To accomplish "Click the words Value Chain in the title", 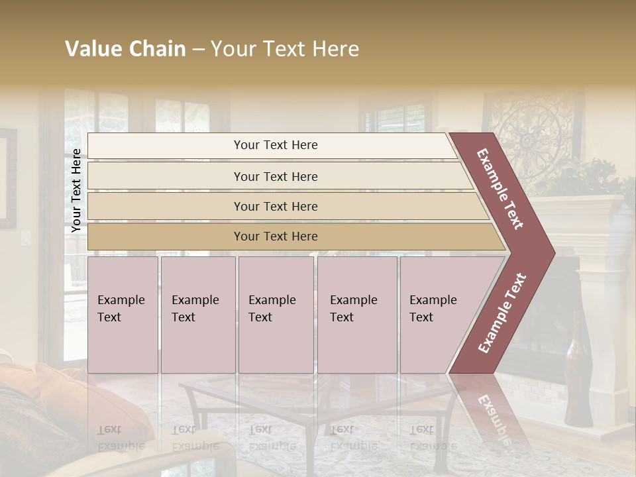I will (125, 49).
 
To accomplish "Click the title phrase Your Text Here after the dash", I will (285, 49).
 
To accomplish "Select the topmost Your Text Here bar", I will (276, 145).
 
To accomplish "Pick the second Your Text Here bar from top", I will (276, 176).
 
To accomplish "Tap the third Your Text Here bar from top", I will (276, 206).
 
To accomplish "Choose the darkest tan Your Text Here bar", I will (276, 237).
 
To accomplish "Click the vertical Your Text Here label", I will (76, 190).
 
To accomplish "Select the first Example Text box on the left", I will (123, 315).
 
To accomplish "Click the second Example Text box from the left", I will (197, 315).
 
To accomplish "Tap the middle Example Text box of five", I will (275, 315).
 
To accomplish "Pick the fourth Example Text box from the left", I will (356, 315).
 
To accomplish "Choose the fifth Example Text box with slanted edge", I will (437, 315).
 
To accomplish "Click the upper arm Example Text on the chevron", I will (501, 189).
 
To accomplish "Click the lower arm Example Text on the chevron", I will (502, 313).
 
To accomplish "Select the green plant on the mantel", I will (590, 176).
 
